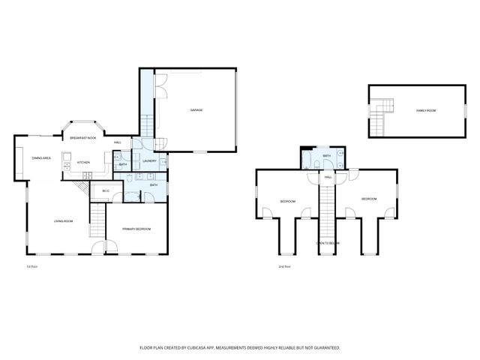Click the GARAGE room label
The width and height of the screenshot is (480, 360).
[x=196, y=110]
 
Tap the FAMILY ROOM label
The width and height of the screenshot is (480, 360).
[x=426, y=111]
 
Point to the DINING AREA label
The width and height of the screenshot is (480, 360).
[x=41, y=158]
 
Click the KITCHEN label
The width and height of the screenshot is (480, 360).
[x=83, y=163]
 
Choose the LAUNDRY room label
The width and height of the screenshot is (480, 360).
[x=148, y=159]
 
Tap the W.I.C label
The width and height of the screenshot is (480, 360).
[x=106, y=191]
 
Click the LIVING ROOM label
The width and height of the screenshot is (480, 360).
[x=62, y=221]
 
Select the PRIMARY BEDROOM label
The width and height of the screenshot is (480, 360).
[x=136, y=229]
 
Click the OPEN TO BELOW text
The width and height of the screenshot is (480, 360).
[x=328, y=244]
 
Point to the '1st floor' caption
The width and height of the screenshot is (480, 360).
[x=31, y=266]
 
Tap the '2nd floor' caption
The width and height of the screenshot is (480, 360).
[x=284, y=266]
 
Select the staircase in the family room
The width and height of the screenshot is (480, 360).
[x=383, y=109]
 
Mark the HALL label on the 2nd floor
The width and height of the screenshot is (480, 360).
[x=328, y=178]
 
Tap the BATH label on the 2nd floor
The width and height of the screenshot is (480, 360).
[x=328, y=158]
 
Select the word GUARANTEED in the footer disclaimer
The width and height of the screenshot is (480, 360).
[x=324, y=347]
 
